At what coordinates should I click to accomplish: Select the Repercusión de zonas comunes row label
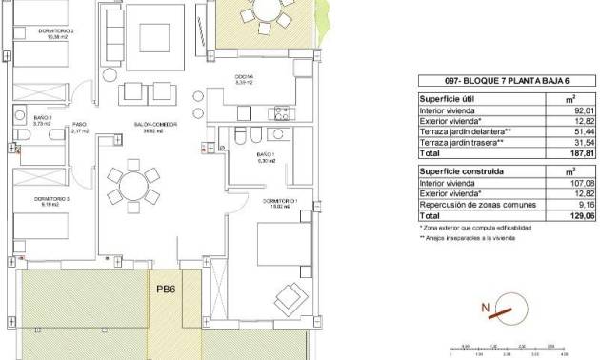468,205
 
